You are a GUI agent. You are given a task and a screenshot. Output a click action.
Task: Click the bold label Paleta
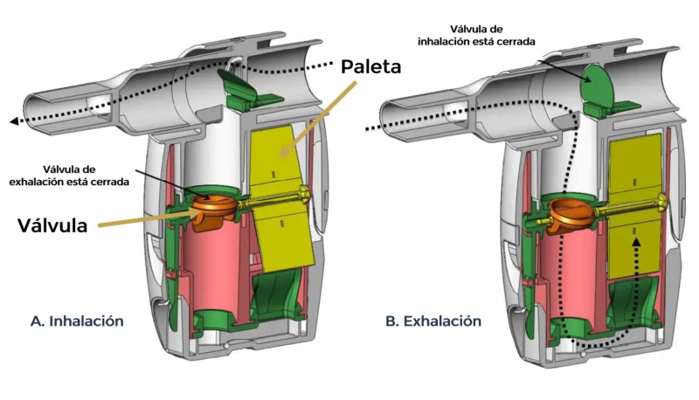371,66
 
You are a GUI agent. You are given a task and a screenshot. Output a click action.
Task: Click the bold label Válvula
54,225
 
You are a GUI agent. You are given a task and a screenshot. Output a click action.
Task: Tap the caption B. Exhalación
433,321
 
